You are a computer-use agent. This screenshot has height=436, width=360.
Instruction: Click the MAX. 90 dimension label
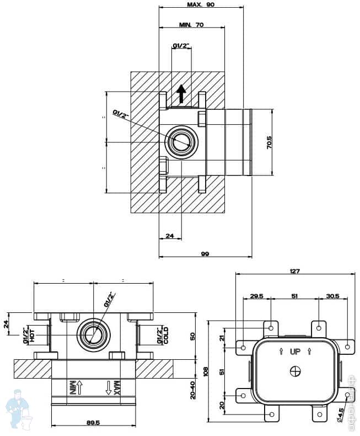(x=200, y=4)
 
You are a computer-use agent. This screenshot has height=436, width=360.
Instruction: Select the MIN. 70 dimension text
(x=191, y=25)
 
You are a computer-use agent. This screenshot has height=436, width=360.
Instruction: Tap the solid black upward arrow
(x=182, y=94)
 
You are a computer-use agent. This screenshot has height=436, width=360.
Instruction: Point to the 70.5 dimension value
(x=268, y=142)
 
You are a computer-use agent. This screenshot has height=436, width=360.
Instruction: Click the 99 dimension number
(x=205, y=253)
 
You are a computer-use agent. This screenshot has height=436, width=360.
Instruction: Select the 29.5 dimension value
(x=257, y=296)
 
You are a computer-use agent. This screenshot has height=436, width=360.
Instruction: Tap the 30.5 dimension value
(x=333, y=296)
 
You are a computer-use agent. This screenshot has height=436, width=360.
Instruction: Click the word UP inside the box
(x=295, y=351)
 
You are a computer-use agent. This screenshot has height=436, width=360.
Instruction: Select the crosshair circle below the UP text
(x=295, y=371)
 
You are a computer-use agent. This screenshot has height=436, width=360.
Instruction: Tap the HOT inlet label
(x=32, y=334)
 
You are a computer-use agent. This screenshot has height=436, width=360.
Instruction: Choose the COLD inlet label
(x=166, y=335)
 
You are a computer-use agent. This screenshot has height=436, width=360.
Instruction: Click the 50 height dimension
(x=192, y=336)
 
